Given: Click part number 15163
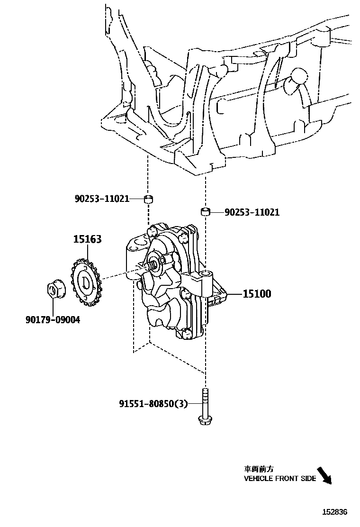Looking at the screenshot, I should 87,240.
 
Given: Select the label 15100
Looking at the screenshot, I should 257,294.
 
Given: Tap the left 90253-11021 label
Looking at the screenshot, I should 102,199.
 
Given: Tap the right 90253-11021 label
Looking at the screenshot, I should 252,212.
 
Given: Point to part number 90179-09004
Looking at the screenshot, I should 53,320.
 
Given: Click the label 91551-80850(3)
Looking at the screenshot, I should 153,404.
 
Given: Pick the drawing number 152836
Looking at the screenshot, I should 335,512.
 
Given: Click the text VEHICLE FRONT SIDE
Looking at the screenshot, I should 279,479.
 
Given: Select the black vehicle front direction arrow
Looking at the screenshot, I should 324,475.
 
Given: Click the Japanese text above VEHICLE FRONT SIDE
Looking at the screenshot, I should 259,469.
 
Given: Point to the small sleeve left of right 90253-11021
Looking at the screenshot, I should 206,210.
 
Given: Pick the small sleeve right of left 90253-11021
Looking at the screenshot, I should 148,198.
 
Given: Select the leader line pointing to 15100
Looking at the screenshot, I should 235,294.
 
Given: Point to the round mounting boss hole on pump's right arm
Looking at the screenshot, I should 207,274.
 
